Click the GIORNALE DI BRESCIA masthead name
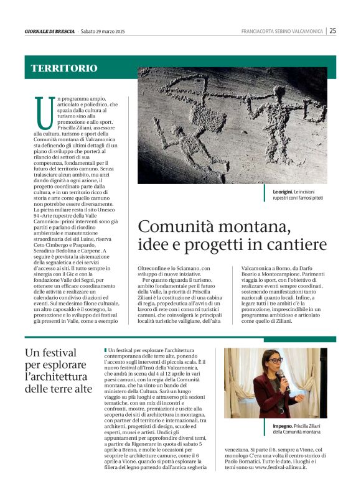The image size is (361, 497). [50, 31]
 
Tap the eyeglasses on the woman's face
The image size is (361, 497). [274, 360]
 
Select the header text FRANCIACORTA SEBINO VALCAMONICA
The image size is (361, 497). [283, 31]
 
